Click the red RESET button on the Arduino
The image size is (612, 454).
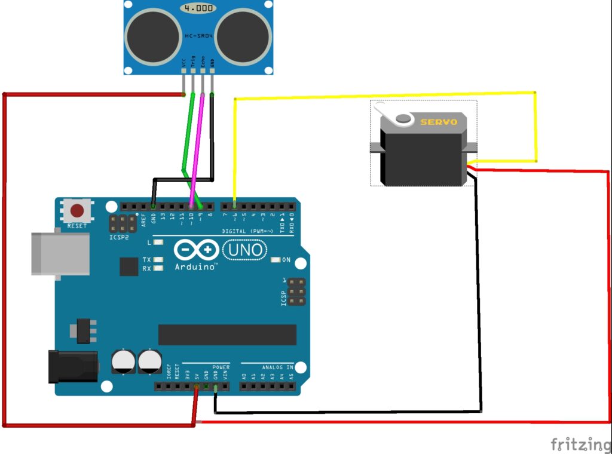click(x=77, y=211)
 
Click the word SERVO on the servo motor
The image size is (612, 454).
click(x=439, y=122)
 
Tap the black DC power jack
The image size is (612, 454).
click(x=72, y=366)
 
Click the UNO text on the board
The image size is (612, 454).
click(x=245, y=249)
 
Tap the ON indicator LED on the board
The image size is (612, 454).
click(x=276, y=260)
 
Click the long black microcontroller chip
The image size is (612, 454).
click(x=227, y=335)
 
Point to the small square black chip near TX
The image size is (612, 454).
click(x=128, y=266)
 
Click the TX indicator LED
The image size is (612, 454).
click(x=158, y=259)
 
